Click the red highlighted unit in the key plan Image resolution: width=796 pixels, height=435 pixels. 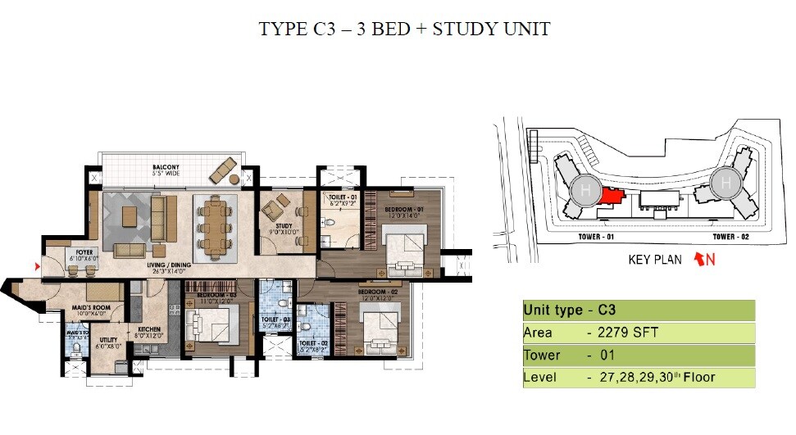pyautogui.click(x=612, y=197)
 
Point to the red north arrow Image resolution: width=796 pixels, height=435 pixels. pyautogui.click(x=700, y=260)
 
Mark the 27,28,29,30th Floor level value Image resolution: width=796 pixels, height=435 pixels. pyautogui.click(x=656, y=378)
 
